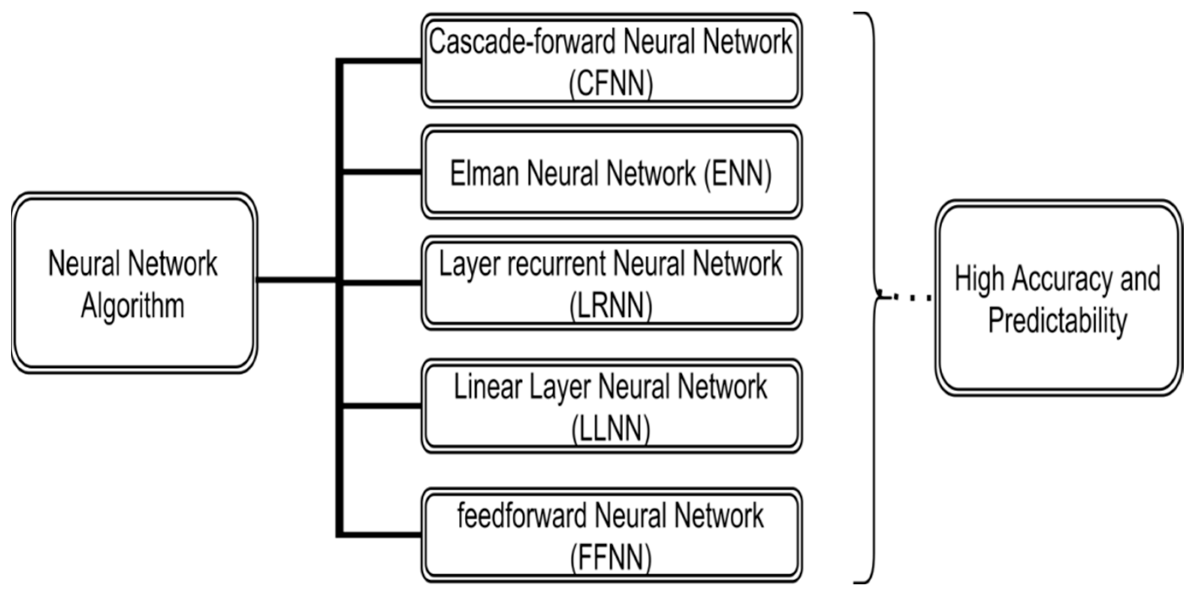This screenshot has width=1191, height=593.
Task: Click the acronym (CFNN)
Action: pyautogui.click(x=611, y=84)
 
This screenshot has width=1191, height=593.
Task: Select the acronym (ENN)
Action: pyautogui.click(x=738, y=174)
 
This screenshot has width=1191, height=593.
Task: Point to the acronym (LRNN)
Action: pyautogui.click(x=611, y=306)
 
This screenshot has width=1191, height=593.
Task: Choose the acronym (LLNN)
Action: pyautogui.click(x=611, y=429)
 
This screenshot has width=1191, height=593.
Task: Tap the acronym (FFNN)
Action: pyautogui.click(x=611, y=558)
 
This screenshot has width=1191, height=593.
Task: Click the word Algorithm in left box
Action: pyautogui.click(x=133, y=306)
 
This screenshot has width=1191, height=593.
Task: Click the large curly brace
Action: pyautogui.click(x=873, y=185)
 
